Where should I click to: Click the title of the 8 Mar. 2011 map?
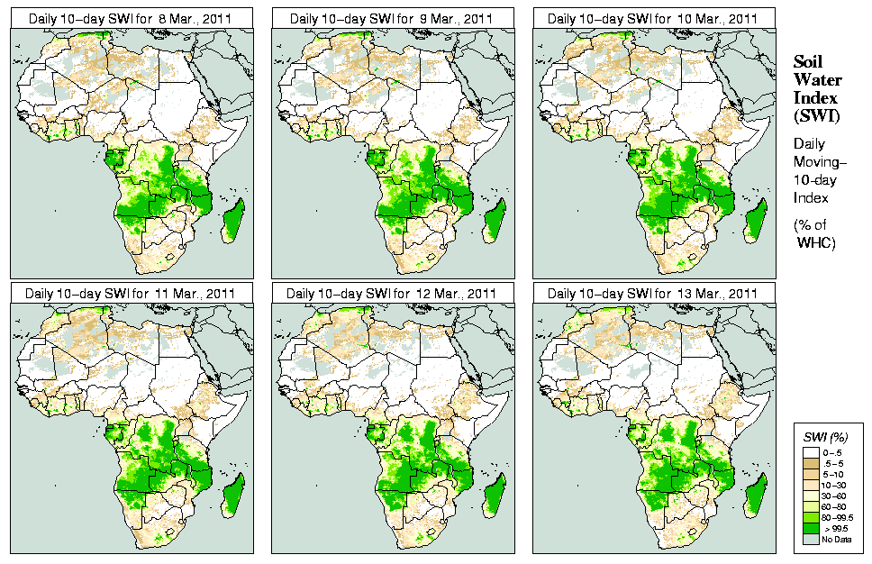[x=131, y=18]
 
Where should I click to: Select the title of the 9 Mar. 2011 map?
[x=392, y=18]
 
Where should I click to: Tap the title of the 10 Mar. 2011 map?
[x=653, y=18]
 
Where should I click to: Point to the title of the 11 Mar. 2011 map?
[x=131, y=293]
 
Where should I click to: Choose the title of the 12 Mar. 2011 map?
[x=392, y=293]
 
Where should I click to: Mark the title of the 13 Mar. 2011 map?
[x=653, y=293]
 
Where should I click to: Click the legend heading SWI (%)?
[x=822, y=438]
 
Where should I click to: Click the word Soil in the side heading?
[x=807, y=62]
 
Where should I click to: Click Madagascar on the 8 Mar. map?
[x=233, y=222]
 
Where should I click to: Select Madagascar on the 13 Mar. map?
[x=757, y=496]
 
